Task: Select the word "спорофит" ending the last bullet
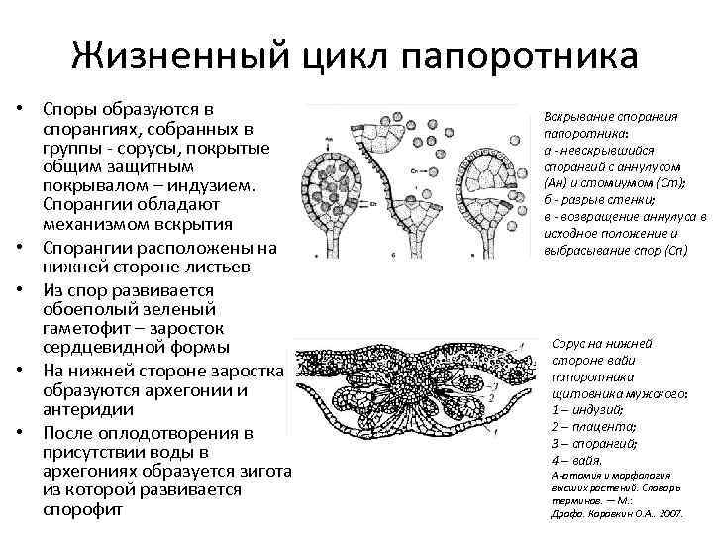[x=82, y=510]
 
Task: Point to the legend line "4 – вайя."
[x=575, y=461]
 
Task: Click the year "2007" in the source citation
[x=669, y=515]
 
